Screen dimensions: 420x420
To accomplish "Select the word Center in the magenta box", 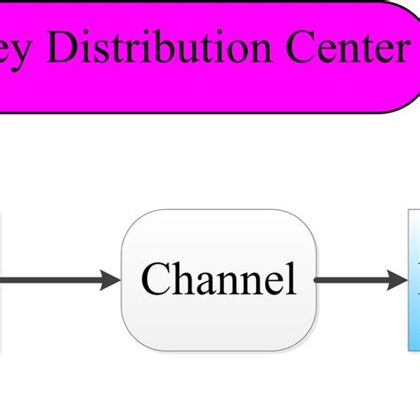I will (341, 51).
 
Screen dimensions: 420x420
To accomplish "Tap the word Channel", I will (218, 280).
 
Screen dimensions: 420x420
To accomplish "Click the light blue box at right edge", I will (414, 280).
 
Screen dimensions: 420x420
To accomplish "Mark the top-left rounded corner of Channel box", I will (131, 220).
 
